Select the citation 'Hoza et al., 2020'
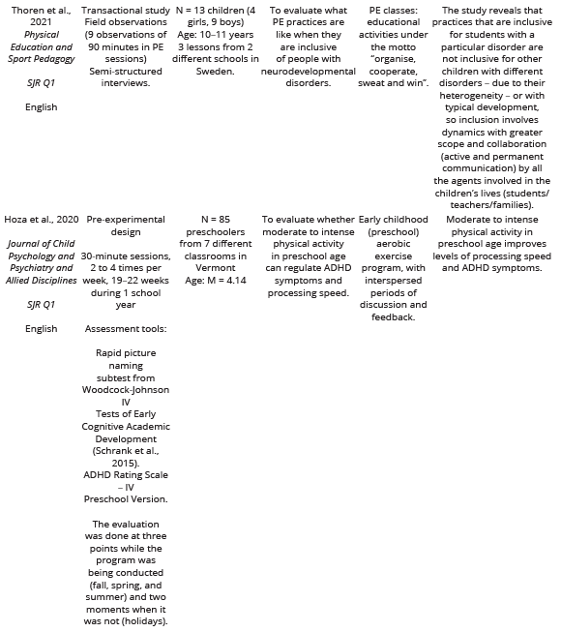point(38,220)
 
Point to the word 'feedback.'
point(392,316)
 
